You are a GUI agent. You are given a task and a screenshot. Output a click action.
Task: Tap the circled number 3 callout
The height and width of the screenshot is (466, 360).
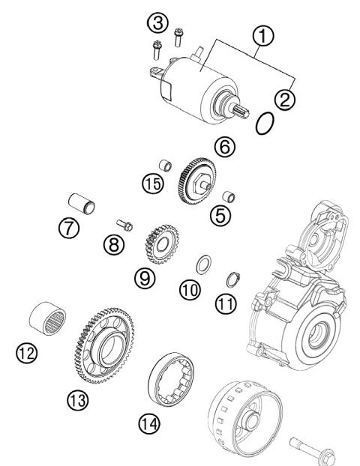tap(157, 22)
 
